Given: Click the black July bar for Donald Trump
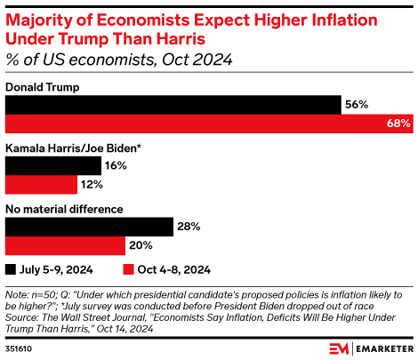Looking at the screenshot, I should point(173,105).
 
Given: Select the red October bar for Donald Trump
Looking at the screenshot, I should point(209,124).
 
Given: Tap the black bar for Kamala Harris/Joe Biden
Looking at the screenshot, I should point(53,165).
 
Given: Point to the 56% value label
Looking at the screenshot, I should point(357,105).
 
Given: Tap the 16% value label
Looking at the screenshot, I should point(117,165).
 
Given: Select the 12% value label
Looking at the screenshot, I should point(92,184).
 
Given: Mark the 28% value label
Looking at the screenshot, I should point(189,228).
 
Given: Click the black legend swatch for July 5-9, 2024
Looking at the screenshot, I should point(11,268).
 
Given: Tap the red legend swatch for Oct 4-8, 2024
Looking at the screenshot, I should point(127,268).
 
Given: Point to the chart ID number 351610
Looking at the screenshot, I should point(20,348).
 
